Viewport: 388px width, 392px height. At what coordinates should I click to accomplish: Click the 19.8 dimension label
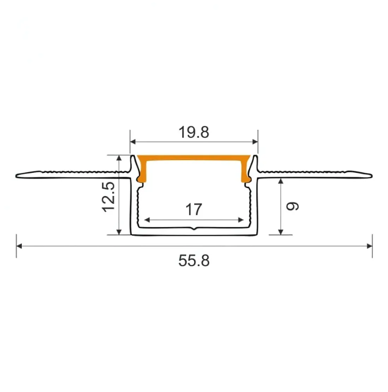point(194,132)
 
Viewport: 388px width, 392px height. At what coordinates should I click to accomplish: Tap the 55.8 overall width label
point(194,261)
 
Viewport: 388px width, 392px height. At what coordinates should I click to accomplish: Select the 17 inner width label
point(194,209)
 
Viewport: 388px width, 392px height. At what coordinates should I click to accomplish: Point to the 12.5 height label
point(109,197)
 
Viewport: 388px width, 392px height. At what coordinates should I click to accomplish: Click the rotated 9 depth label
point(292,206)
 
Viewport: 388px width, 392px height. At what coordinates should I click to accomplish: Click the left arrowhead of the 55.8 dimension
point(19,246)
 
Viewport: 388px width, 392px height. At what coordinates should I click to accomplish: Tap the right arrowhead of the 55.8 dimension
point(370,246)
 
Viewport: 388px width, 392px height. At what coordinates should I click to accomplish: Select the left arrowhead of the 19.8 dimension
point(133,142)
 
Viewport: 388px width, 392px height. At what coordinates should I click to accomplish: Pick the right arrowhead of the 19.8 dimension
point(255,142)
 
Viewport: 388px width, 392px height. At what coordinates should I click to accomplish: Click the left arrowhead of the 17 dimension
point(147,220)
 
